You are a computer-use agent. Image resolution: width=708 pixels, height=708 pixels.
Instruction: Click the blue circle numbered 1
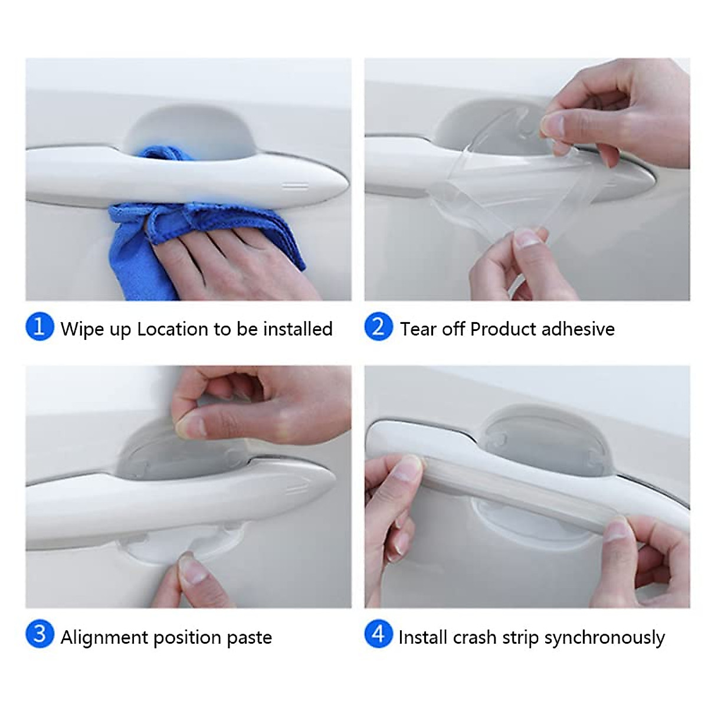40,327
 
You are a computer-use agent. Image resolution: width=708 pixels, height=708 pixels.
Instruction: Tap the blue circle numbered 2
378,327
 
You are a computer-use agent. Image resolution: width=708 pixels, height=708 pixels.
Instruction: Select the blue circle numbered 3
40,635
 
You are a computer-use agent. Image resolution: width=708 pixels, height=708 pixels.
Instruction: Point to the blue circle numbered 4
378,635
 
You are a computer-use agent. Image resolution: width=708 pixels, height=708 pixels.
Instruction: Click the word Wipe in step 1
83,329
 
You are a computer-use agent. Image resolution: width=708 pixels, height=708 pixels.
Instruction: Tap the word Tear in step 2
418,329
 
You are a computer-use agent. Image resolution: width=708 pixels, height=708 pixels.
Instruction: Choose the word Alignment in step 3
104,637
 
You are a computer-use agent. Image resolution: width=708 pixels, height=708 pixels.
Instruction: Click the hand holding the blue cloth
224,260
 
